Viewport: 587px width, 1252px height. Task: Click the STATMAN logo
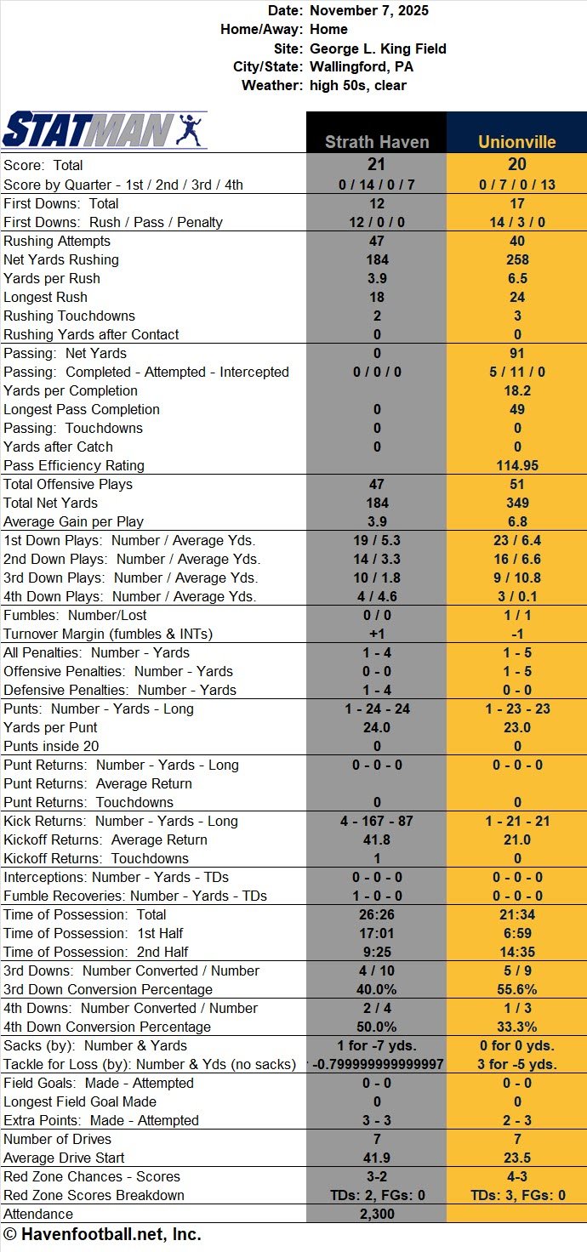[105, 130]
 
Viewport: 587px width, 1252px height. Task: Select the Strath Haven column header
[376, 142]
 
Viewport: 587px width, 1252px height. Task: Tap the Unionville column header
[516, 142]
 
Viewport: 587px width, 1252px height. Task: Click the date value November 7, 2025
[369, 11]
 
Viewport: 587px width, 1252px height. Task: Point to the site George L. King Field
[378, 48]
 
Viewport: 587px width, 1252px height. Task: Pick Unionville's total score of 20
[516, 164]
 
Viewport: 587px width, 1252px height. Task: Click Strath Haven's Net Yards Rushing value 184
[376, 259]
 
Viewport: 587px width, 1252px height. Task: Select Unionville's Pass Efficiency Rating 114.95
[516, 465]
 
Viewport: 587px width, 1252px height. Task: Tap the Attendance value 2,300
[376, 1214]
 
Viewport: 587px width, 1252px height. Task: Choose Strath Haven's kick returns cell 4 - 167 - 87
[376, 821]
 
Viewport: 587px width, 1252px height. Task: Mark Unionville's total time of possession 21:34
[516, 914]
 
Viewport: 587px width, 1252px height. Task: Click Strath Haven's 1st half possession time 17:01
[376, 933]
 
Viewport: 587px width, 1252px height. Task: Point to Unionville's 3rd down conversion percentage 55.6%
[516, 989]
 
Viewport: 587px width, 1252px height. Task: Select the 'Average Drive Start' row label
[64, 1158]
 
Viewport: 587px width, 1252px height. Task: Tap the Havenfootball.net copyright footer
[102, 1234]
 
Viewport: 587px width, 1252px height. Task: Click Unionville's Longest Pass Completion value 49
[516, 409]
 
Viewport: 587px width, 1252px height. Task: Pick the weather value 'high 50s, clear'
[358, 86]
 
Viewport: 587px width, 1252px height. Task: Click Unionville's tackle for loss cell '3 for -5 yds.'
[516, 1064]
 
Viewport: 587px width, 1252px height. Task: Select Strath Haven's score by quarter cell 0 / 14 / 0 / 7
[376, 184]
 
